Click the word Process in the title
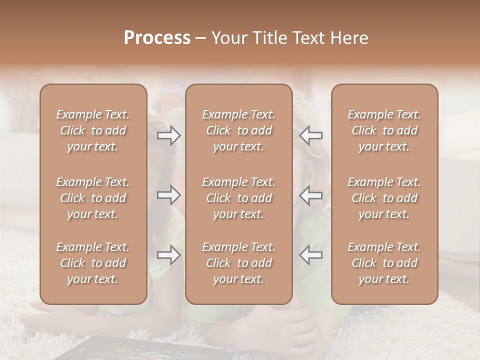(x=157, y=38)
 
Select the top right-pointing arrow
(x=169, y=135)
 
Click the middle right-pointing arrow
(x=169, y=195)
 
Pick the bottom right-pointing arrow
(x=169, y=255)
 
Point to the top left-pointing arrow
(x=310, y=135)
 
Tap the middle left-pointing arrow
(x=310, y=195)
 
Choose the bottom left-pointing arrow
(x=310, y=255)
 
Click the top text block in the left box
(x=93, y=130)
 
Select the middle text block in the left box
(x=93, y=198)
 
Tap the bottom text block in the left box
(x=93, y=263)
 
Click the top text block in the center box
(x=238, y=130)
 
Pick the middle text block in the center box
(x=238, y=198)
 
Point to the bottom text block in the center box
(x=238, y=263)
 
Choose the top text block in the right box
(x=384, y=130)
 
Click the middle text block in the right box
(x=384, y=198)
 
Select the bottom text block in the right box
(x=384, y=263)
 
